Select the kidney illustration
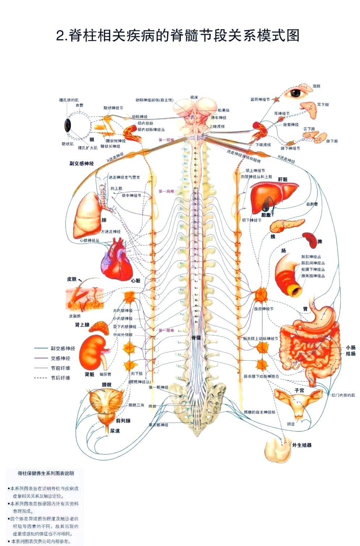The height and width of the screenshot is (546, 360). pyautogui.click(x=93, y=352)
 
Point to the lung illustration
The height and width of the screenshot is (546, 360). pyautogui.click(x=87, y=216)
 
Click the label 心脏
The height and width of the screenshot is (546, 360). pyautogui.click(x=136, y=281)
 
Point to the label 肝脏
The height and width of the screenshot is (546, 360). pyautogui.click(x=283, y=179)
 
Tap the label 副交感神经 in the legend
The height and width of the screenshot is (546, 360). pyautogui.click(x=63, y=348)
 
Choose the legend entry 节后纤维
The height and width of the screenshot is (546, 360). pyautogui.click(x=60, y=378)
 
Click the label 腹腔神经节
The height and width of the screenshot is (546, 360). pyautogui.click(x=264, y=309)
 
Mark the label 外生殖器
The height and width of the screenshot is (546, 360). pyautogui.click(x=302, y=445)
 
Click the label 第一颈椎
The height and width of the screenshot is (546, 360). pyautogui.click(x=166, y=140)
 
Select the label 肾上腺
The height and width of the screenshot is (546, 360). pyautogui.click(x=82, y=325)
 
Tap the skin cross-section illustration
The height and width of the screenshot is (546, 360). pyautogui.click(x=84, y=299)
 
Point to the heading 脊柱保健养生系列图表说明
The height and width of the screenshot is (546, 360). pyautogui.click(x=46, y=473)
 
